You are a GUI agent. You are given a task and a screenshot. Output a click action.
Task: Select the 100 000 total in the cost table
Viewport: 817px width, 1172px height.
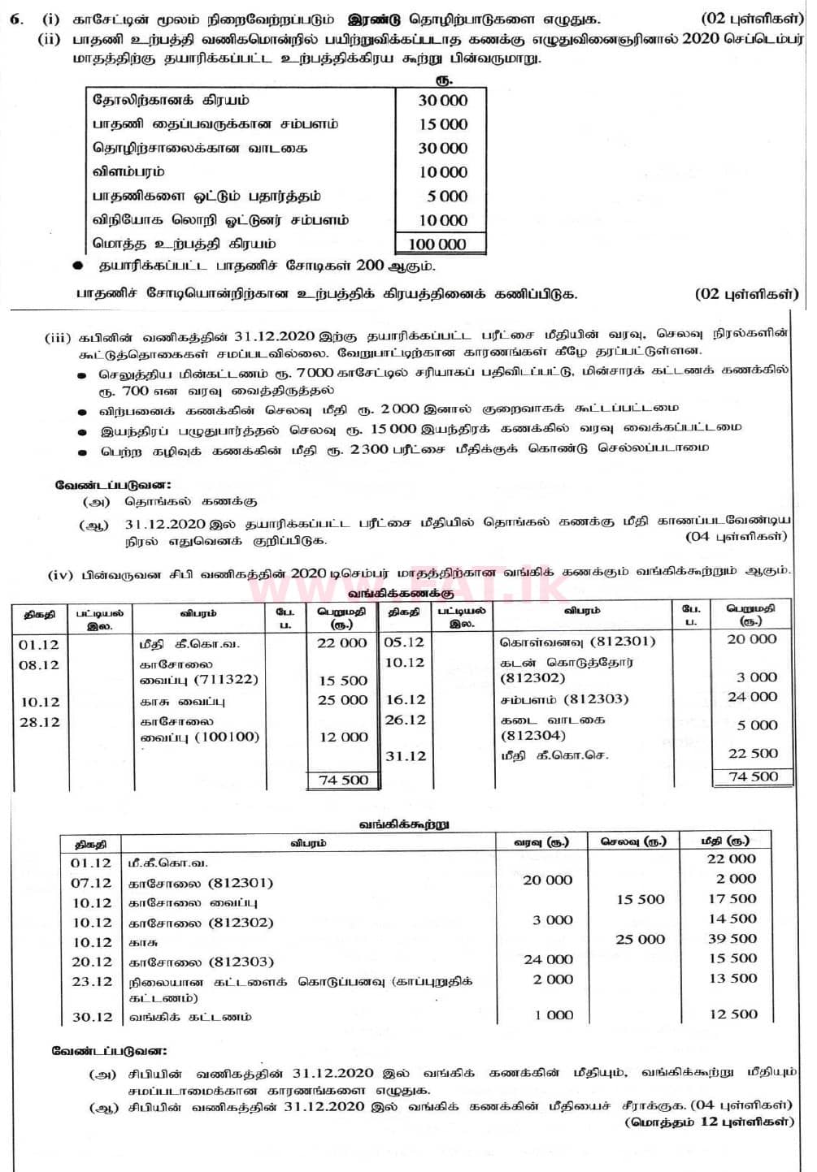point(437,244)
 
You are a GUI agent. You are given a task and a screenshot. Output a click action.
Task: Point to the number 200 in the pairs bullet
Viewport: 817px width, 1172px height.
point(370,266)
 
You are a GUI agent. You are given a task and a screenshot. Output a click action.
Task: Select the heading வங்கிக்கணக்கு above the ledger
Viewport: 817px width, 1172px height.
point(402,594)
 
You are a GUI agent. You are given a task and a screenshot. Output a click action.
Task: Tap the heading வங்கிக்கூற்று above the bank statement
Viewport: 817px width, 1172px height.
point(403,824)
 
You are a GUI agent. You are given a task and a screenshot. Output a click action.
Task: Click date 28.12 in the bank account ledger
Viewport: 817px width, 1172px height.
point(39,722)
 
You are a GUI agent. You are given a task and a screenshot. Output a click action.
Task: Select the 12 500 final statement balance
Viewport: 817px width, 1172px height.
point(732,1014)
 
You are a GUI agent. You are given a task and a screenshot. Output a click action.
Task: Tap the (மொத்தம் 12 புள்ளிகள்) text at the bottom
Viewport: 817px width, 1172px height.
point(709,1122)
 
